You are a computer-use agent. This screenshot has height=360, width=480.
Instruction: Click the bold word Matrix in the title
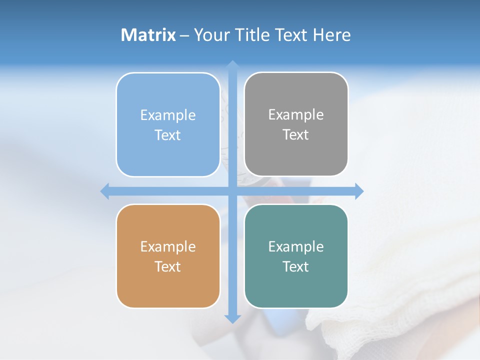148,35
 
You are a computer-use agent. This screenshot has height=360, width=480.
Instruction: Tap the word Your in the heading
210,35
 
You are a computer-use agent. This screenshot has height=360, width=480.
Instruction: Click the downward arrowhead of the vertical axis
232,318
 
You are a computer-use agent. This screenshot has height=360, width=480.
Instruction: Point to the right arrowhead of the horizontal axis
359,191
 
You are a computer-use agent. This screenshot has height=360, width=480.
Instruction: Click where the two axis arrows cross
232,191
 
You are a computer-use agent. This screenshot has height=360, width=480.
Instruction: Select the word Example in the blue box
168,115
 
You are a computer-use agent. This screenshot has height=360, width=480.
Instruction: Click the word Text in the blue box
168,135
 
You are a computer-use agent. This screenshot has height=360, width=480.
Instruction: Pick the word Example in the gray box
296,115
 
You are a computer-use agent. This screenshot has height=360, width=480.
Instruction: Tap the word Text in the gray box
296,135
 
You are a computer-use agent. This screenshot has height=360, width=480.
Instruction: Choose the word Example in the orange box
168,247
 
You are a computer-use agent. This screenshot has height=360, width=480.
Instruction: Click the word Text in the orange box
168,267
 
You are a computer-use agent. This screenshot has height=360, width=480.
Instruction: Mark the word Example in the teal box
296,247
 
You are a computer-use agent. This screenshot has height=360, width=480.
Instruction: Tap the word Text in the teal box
296,267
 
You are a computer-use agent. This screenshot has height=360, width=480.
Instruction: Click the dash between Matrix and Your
184,35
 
